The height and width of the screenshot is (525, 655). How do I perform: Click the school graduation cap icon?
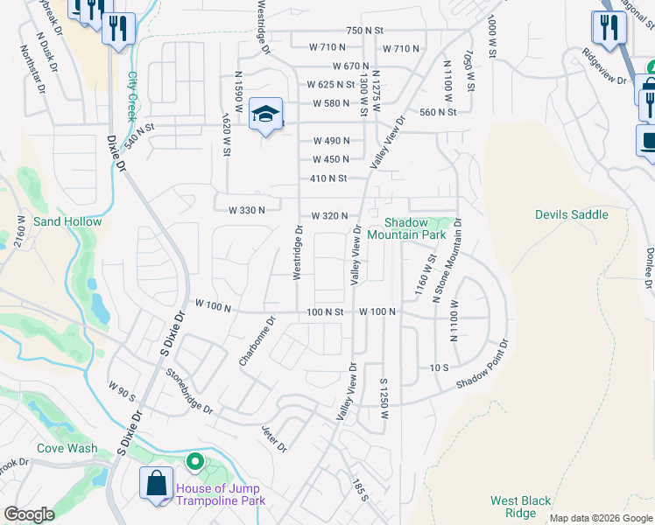pyautogui.click(x=265, y=114)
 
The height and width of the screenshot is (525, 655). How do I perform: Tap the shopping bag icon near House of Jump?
pyautogui.click(x=156, y=484)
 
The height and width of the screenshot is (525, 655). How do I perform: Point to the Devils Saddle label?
pyautogui.click(x=571, y=214)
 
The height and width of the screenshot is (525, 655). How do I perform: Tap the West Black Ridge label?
pyautogui.click(x=520, y=507)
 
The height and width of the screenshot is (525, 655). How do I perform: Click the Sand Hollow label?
pyautogui.click(x=67, y=221)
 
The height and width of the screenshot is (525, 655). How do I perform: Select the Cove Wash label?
pyautogui.click(x=67, y=448)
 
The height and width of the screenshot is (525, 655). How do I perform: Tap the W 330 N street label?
pyautogui.click(x=246, y=210)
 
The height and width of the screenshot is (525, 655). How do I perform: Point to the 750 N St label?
pyautogui.click(x=365, y=31)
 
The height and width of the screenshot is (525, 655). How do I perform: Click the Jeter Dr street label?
pyautogui.click(x=274, y=439)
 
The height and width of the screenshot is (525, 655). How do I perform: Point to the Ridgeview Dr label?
pyautogui.click(x=605, y=66)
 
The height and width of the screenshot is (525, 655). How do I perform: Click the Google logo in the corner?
pyautogui.click(x=29, y=514)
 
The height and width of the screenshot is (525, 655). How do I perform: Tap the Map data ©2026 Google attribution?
pyautogui.click(x=601, y=518)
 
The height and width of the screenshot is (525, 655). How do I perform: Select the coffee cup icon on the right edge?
pyautogui.click(x=648, y=140)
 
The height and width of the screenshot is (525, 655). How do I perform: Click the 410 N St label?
pyautogui.click(x=329, y=178)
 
